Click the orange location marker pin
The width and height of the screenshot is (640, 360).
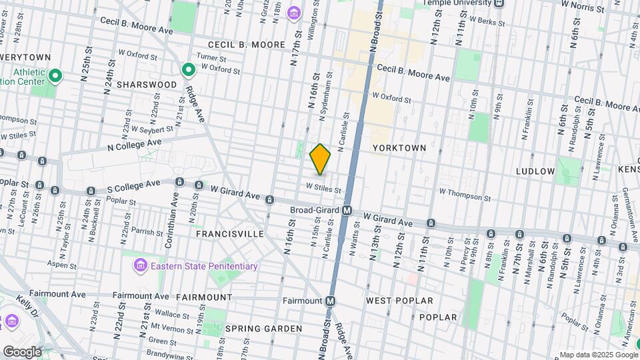320,159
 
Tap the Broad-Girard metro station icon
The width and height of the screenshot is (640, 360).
347,210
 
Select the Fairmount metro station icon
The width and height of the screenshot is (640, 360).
329,301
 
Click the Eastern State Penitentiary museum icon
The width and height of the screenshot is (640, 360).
140,267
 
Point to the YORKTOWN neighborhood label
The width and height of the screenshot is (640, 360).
399,147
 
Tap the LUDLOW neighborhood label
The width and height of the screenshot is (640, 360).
535,171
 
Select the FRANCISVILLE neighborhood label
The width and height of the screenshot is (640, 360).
230,235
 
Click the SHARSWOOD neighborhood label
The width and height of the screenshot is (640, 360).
147,85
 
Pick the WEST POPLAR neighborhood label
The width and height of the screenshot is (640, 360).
399,301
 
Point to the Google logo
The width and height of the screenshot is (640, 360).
21,351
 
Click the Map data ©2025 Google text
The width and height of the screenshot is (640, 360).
598,355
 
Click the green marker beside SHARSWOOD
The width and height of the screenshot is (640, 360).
189,69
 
